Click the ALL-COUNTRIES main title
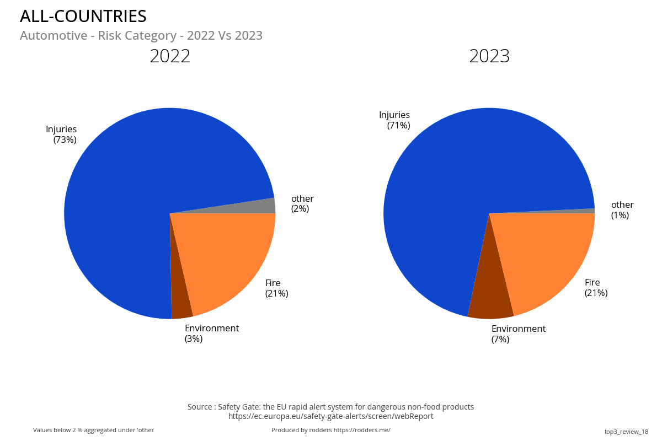click(83, 17)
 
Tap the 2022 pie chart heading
click(170, 56)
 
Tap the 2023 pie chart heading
click(489, 56)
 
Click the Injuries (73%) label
click(62, 135)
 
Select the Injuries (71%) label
click(395, 120)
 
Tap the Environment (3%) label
click(211, 334)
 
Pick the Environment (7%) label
click(518, 334)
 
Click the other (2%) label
click(302, 203)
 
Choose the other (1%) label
click(622, 210)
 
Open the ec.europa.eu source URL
click(331, 416)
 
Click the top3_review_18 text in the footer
click(626, 432)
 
